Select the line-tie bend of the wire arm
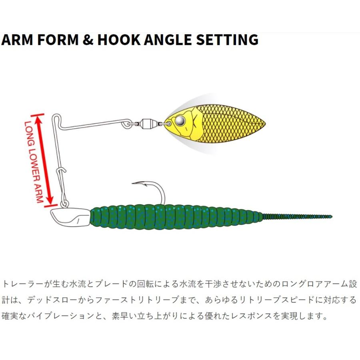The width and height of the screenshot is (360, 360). [x=57, y=119]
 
